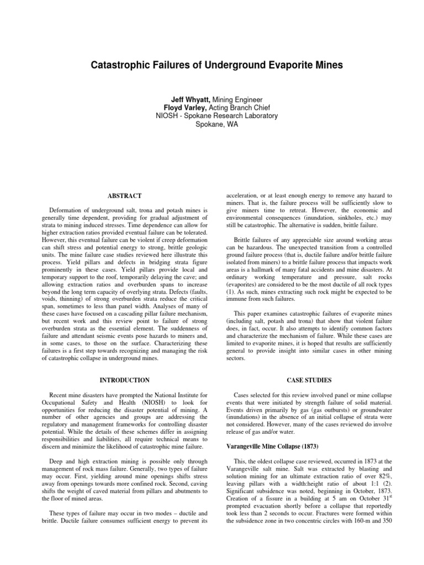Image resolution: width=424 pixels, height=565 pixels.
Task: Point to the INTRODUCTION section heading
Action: (125, 380)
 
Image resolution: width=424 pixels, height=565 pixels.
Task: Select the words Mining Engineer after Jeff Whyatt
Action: (228, 98)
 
